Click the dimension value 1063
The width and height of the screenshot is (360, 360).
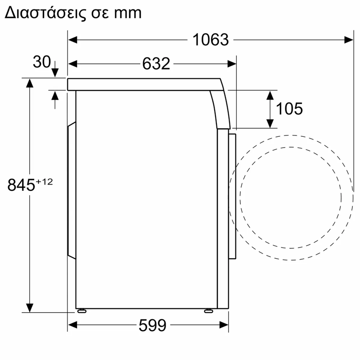pyautogui.click(x=211, y=40)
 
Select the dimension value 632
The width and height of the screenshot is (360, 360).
pyautogui.click(x=156, y=64)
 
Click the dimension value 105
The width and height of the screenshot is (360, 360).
pyautogui.click(x=289, y=108)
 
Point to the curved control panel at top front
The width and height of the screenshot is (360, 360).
pyautogui.click(x=220, y=106)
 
